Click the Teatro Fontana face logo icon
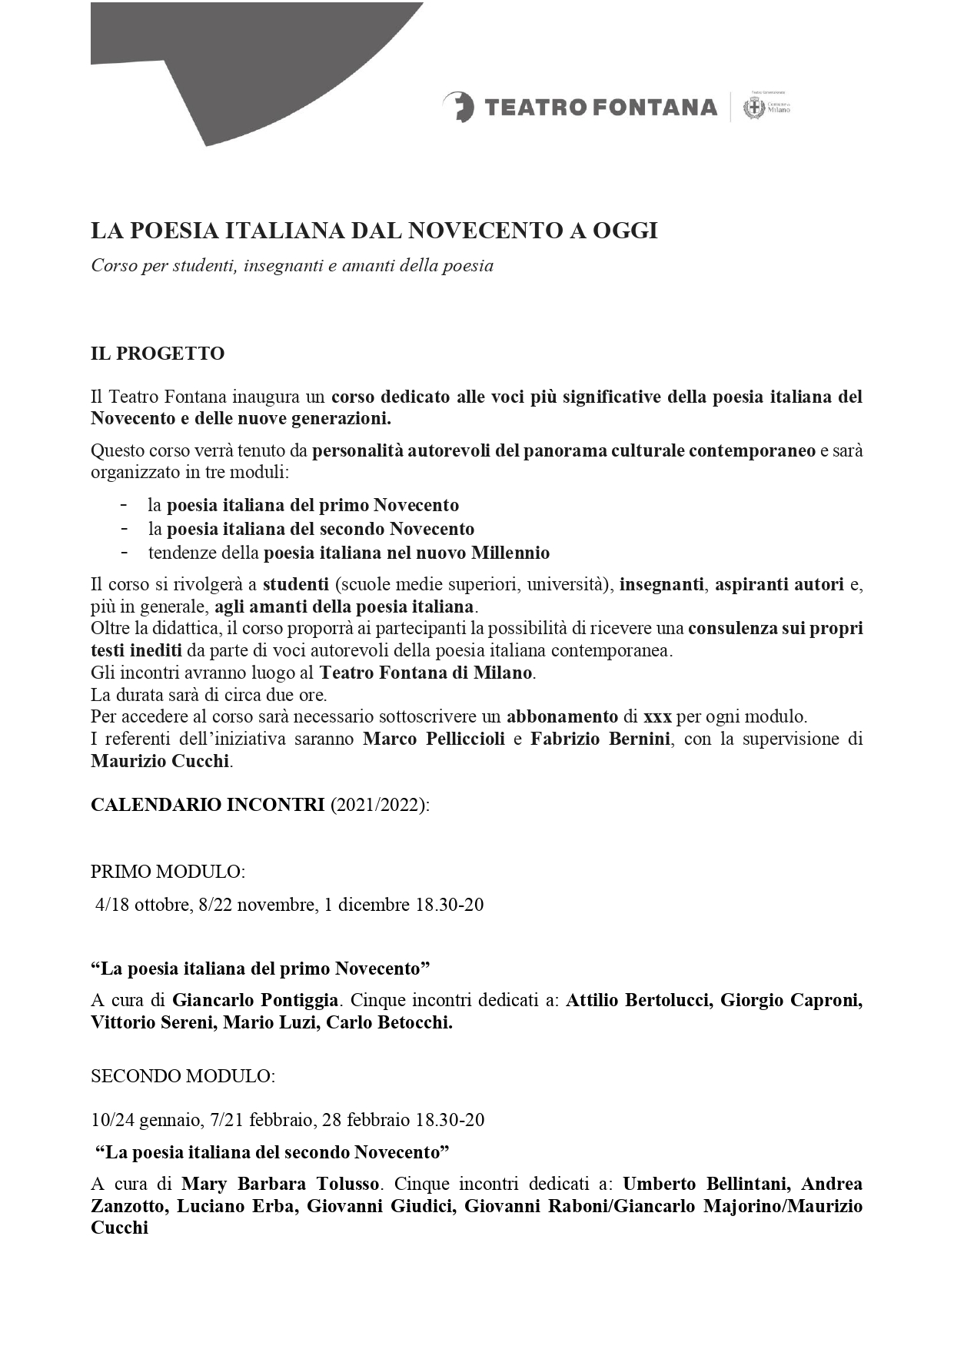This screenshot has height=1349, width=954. click(x=459, y=107)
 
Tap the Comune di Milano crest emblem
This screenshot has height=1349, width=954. click(x=753, y=108)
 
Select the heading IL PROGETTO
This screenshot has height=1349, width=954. click(x=158, y=354)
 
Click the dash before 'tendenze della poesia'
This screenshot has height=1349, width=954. click(x=124, y=552)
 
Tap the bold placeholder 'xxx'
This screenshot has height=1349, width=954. click(x=657, y=717)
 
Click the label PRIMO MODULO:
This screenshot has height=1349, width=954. click(x=168, y=872)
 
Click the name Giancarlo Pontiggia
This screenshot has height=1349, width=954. click(x=255, y=1000)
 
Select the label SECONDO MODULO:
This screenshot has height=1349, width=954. click(x=182, y=1076)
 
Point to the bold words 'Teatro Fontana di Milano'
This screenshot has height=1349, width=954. click(x=426, y=673)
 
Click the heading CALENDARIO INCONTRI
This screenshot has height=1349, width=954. click(x=208, y=805)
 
